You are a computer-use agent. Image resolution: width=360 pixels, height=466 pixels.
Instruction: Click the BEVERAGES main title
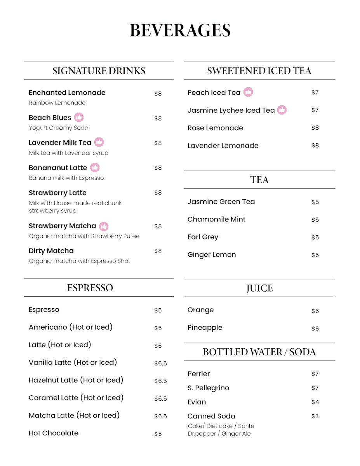click(x=180, y=31)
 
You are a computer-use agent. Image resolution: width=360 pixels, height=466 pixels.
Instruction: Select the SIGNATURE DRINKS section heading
click(x=99, y=71)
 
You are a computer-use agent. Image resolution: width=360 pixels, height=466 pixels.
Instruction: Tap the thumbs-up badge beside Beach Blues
click(x=79, y=117)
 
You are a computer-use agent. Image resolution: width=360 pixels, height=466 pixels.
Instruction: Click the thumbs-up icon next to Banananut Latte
click(x=95, y=167)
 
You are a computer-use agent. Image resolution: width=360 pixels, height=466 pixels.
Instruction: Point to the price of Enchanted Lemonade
click(x=158, y=94)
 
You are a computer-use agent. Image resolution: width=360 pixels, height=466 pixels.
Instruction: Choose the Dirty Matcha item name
click(x=51, y=251)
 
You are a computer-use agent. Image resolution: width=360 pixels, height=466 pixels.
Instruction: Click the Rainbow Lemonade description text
click(x=57, y=103)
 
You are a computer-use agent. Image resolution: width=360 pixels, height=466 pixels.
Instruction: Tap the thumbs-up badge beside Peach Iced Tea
click(x=248, y=92)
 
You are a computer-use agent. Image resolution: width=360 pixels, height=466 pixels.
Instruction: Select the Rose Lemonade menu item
click(x=215, y=128)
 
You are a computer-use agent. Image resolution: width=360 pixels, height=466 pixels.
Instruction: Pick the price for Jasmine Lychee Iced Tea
click(x=315, y=110)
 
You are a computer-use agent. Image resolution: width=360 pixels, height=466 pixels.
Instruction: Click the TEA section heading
click(x=259, y=180)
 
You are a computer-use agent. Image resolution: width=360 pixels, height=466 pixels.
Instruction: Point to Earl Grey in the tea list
click(x=203, y=237)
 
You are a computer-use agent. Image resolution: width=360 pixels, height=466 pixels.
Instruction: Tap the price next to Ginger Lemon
click(x=315, y=255)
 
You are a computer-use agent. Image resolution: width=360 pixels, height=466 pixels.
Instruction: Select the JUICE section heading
click(x=259, y=288)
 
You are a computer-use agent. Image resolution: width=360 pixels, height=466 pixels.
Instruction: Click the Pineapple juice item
click(x=205, y=328)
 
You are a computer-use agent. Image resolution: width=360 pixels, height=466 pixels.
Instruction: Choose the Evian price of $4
click(x=315, y=402)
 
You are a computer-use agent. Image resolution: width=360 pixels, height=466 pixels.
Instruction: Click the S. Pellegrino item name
click(x=208, y=388)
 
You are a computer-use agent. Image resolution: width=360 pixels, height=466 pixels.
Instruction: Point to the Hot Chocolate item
click(x=54, y=433)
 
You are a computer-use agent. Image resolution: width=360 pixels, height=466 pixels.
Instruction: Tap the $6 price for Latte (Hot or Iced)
click(x=158, y=346)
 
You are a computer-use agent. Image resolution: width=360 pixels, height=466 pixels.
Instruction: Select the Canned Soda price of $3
click(x=315, y=416)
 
